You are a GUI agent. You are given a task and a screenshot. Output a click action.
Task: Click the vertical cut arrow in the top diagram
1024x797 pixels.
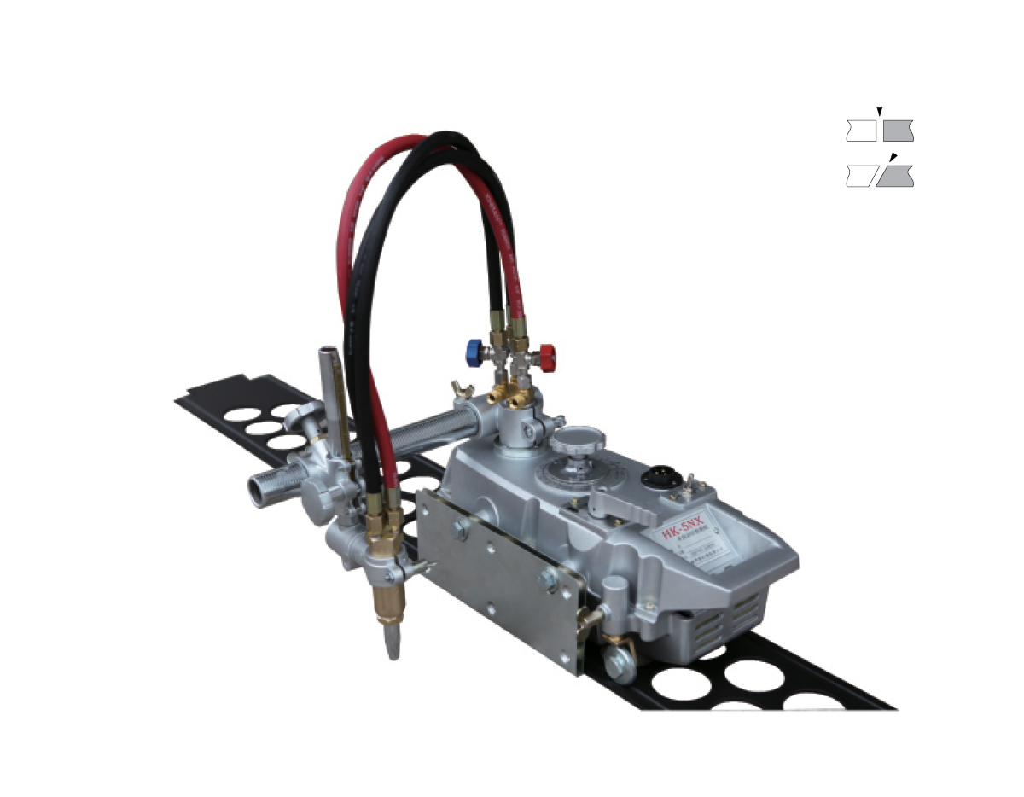click(x=879, y=111)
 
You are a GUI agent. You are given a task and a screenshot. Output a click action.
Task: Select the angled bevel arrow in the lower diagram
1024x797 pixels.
click(x=893, y=156)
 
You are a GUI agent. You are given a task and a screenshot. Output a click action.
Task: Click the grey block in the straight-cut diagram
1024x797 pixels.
click(x=899, y=131)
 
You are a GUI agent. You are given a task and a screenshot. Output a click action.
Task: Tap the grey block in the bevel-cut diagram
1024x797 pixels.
click(x=896, y=177)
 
